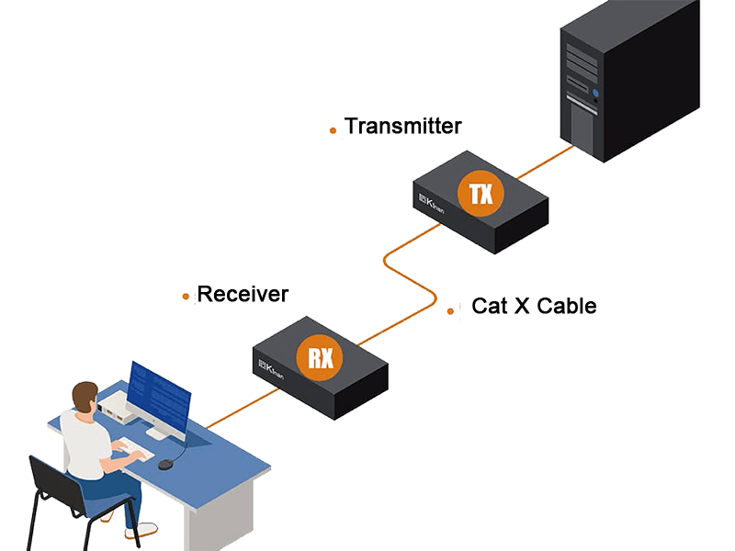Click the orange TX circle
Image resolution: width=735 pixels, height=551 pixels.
tap(481, 195)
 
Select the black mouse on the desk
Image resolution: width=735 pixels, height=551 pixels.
tap(165, 465)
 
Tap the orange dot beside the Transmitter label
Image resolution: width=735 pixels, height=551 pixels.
tap(333, 131)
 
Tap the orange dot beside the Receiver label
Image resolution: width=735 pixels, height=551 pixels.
tap(186, 297)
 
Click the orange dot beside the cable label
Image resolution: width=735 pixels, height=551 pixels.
tap(451, 311)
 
